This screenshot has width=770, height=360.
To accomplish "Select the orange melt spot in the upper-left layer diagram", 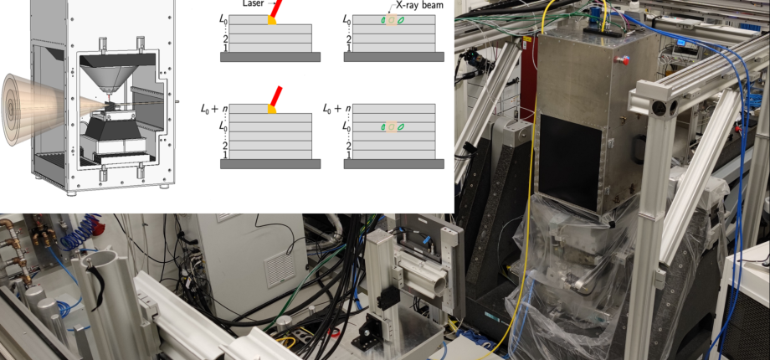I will (x=271, y=20).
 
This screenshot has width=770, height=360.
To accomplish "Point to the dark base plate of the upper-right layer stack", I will (x=393, y=57).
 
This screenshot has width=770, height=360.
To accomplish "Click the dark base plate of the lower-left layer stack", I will (x=270, y=164).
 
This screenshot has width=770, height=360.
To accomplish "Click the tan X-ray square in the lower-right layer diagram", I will (x=392, y=127).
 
